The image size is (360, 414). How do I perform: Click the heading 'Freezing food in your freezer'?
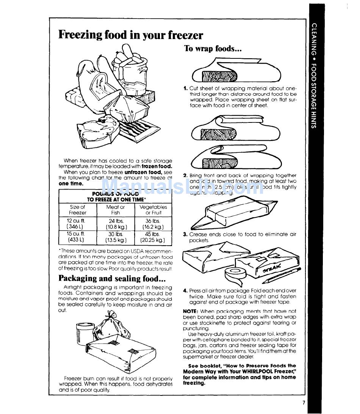point(131,35)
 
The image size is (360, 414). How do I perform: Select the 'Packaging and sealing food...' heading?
point(112,278)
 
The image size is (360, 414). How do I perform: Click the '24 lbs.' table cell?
point(116,221)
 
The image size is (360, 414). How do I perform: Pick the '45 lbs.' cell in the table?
point(153,234)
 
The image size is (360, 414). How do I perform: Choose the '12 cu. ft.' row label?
point(77,221)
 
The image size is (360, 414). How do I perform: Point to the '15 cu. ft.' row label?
point(77,234)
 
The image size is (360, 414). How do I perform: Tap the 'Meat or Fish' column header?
point(116,210)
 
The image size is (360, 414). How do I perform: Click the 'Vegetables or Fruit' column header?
point(153,210)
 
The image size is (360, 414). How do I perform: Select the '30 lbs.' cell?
point(116,234)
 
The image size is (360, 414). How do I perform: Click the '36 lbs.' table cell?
point(153,221)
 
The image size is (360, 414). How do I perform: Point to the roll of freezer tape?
point(234,274)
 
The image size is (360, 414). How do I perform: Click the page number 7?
point(304,403)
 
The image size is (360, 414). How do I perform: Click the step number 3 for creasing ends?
point(185,235)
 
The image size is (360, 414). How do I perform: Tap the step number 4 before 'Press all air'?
point(185,291)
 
